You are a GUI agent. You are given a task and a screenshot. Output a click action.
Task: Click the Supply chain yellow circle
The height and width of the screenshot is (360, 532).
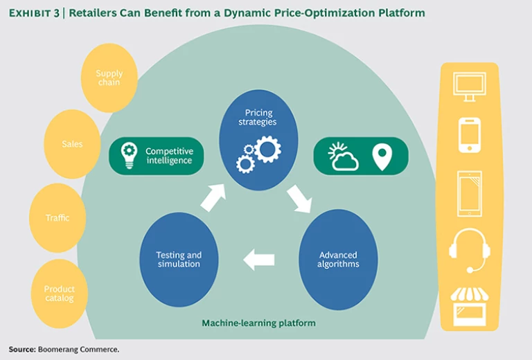[x=109, y=78]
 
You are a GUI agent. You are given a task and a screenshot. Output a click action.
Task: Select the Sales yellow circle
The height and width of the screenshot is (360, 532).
[x=72, y=144]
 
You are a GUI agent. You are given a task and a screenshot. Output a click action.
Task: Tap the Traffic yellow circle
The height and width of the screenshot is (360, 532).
[x=57, y=217]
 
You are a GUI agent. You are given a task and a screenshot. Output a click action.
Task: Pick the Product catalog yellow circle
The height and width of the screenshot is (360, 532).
[x=60, y=294]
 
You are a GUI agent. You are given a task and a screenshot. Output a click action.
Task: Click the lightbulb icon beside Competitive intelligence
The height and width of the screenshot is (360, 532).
[x=129, y=155]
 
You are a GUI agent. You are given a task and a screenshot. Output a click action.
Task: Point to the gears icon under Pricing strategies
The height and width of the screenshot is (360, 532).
[x=258, y=153]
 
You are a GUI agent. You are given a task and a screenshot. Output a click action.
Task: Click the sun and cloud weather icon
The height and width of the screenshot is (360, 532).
[x=343, y=156]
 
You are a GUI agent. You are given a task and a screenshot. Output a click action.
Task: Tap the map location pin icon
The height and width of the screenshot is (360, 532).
[x=382, y=156]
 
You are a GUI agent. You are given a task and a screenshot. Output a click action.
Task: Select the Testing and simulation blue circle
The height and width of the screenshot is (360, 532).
[x=179, y=260]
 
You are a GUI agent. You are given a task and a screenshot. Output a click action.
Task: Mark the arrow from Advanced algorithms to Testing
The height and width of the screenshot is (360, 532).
[x=259, y=260]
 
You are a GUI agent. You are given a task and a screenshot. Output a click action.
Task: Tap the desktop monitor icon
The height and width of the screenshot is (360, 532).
[x=469, y=87]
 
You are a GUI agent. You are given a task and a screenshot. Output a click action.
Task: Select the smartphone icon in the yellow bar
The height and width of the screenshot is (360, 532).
[x=469, y=134]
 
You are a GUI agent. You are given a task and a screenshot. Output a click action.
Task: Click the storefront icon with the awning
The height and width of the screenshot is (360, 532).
[x=469, y=305]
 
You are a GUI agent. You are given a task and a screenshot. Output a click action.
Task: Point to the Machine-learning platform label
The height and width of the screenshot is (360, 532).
[x=258, y=323]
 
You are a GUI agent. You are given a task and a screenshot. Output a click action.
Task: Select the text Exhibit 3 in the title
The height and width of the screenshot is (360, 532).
[x=34, y=13]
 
